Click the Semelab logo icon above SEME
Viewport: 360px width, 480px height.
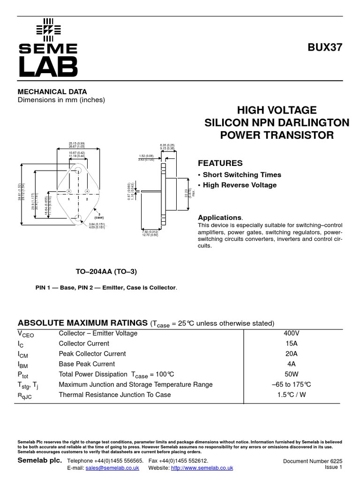[x=48, y=29]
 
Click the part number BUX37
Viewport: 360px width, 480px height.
[x=325, y=47]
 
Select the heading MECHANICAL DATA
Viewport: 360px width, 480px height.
[x=52, y=92]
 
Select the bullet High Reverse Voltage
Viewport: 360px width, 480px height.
[x=239, y=185]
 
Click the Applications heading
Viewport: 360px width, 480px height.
[x=219, y=217]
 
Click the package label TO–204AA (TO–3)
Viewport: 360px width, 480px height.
[x=106, y=272]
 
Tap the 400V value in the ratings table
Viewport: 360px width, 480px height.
[x=291, y=333]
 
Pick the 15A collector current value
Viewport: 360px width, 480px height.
[x=291, y=344]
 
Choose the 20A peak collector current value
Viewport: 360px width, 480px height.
[x=291, y=354]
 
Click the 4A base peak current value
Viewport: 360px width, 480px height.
[x=291, y=364]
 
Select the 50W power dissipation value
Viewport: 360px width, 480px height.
[x=291, y=375]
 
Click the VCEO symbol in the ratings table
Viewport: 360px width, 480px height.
[x=26, y=334]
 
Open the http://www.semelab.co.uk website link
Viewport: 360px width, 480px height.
[x=202, y=468]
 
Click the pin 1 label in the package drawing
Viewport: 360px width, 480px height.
[x=68, y=199]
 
